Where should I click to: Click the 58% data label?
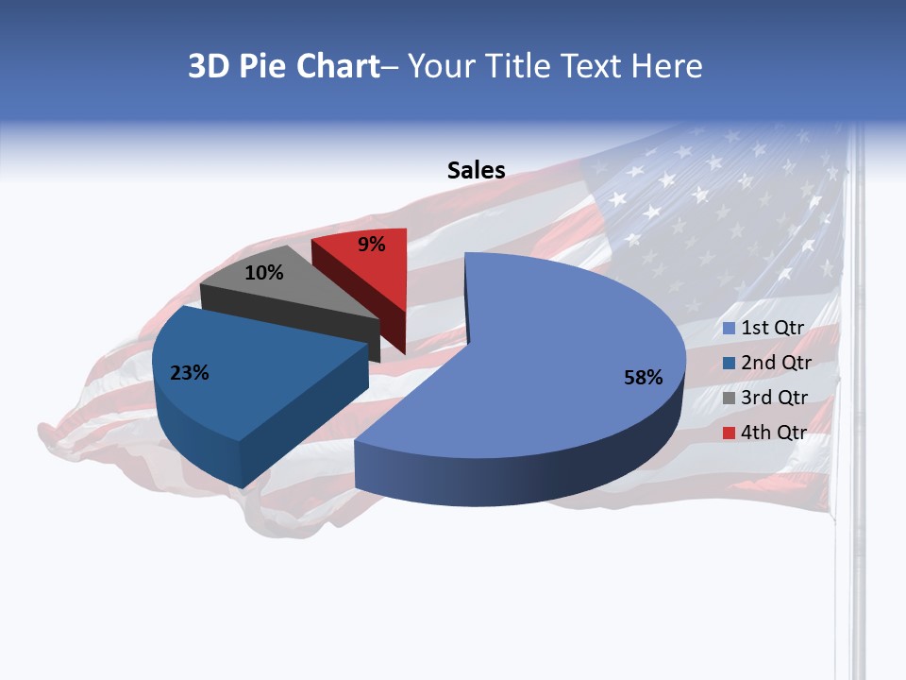(x=643, y=378)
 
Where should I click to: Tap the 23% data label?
(x=189, y=373)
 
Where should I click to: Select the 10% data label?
(x=263, y=273)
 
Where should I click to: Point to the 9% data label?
(x=372, y=245)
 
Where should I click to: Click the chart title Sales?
(x=476, y=170)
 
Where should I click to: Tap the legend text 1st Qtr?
(x=772, y=328)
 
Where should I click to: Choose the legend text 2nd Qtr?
(x=776, y=363)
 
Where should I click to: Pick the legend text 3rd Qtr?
(x=775, y=398)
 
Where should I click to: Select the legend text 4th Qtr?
(x=775, y=433)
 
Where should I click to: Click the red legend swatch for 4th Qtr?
(x=729, y=433)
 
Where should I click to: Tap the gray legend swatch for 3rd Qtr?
(x=729, y=398)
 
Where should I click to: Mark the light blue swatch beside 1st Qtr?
(x=729, y=329)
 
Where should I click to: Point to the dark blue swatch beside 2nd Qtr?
(x=729, y=363)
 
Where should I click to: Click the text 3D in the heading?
(x=208, y=66)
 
